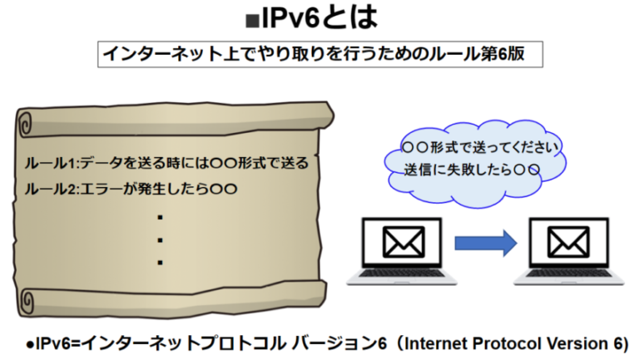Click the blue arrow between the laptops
click(487, 243)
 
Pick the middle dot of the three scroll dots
click(159, 240)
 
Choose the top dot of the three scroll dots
click(159, 218)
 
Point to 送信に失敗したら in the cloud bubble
click(451, 170)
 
